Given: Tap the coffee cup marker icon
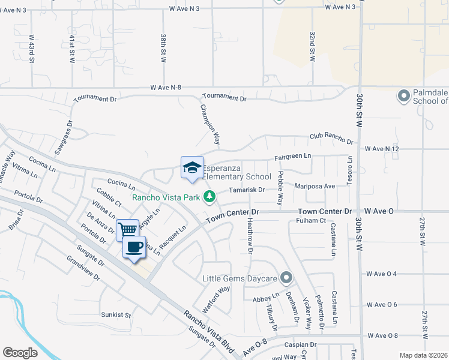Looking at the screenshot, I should [134, 247].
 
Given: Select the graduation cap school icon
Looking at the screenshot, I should [192, 167].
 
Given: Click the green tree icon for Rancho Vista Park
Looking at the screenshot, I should [209, 196].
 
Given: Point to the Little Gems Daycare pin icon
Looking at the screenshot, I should [286, 278].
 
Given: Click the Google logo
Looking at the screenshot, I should [20, 353].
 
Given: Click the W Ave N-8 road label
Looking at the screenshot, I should [166, 88].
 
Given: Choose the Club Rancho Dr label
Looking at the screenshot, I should [331, 139].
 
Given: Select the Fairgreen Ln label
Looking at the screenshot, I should [294, 156].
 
